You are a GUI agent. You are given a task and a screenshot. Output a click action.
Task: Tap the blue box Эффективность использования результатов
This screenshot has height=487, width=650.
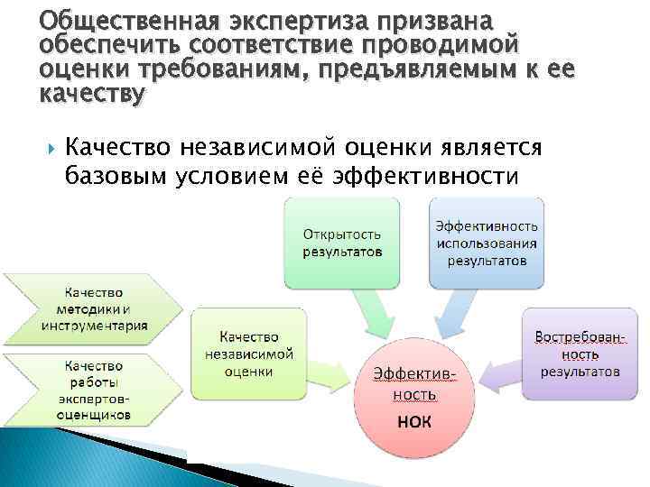tap(487, 242)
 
